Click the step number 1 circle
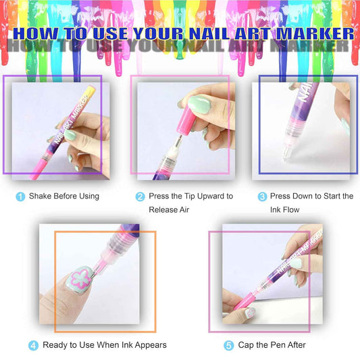click(x=20, y=197)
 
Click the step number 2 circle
click(x=140, y=197)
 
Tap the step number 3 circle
click(x=262, y=197)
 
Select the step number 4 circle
click(x=33, y=345)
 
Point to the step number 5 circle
click(x=228, y=345)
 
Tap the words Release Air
click(x=170, y=209)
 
